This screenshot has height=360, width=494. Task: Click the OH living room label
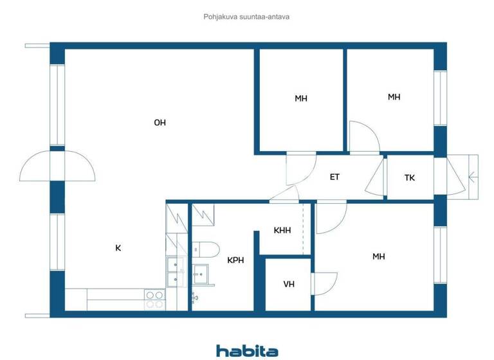pos(160,122)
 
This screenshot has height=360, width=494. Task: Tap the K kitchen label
pos(118,248)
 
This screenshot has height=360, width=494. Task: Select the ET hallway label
pos(334,177)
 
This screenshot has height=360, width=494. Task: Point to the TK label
pos(410,177)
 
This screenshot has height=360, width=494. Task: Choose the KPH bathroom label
pos(235,260)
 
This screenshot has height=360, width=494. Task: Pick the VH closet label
pos(289,283)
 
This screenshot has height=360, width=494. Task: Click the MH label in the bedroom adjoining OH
pos(301,98)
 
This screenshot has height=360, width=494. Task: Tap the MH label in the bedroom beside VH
pos(379,256)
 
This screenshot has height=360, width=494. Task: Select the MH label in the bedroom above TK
pos(394,97)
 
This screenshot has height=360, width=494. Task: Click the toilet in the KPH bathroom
pos(206,249)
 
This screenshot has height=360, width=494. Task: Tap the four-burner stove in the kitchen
pos(154,300)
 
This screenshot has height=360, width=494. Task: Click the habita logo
pos(247,350)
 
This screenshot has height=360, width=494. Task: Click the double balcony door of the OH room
pos(58,167)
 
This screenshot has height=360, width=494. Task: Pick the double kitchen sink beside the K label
pos(174,271)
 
